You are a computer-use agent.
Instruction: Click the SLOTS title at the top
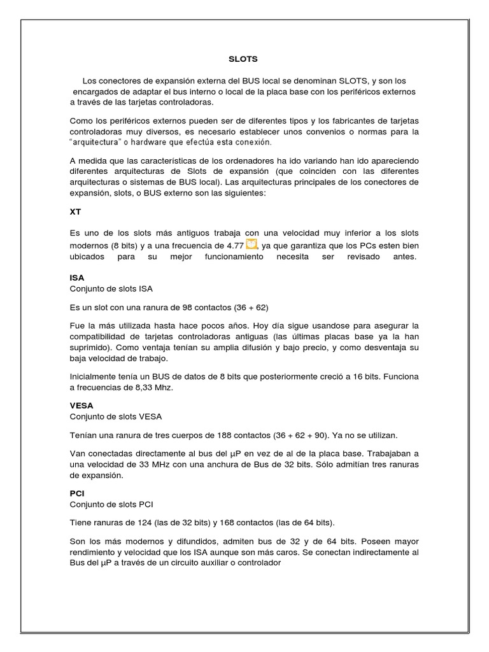243,59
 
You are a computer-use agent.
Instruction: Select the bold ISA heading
76,278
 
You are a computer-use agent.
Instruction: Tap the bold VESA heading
81,405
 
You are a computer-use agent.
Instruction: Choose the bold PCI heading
76,493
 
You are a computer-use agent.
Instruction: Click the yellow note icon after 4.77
252,244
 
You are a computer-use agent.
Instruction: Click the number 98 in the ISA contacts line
188,307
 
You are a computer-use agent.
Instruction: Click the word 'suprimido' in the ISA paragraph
90,348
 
